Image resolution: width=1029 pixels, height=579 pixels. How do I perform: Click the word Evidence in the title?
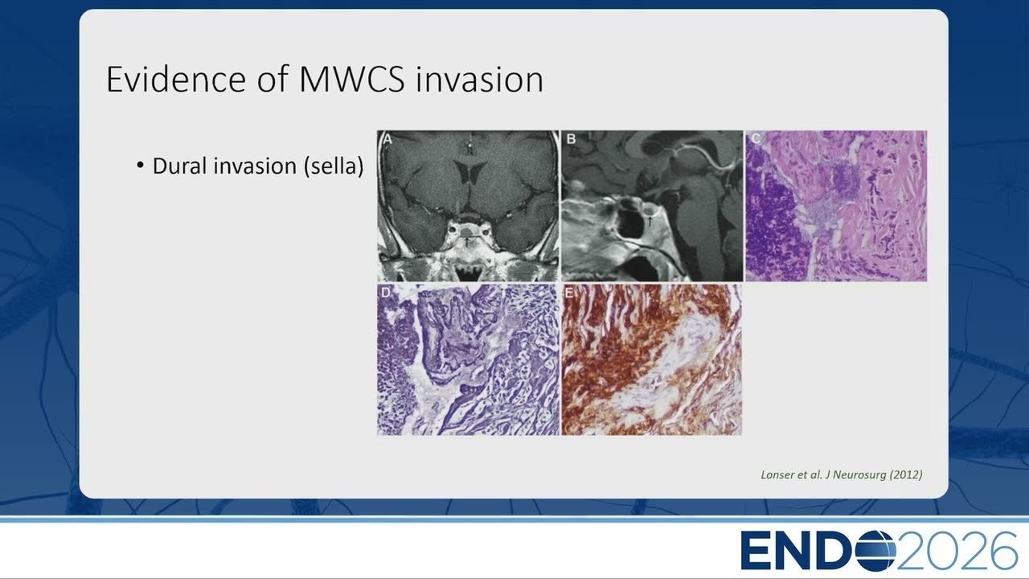tap(177, 79)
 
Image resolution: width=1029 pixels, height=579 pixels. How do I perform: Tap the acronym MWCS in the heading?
tap(352, 79)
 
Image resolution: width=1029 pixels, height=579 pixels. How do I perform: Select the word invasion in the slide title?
tap(479, 79)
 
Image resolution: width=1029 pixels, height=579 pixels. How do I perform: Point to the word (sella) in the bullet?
tap(334, 166)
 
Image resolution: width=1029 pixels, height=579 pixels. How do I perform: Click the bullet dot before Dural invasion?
tap(140, 165)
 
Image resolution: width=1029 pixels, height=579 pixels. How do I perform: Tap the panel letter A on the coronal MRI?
tap(387, 139)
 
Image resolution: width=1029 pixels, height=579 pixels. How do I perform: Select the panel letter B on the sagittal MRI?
tap(571, 139)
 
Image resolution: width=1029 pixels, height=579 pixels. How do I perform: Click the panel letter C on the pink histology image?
tap(756, 138)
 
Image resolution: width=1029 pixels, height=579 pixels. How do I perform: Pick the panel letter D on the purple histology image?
tap(386, 292)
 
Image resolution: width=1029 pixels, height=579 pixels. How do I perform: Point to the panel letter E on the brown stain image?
tap(569, 292)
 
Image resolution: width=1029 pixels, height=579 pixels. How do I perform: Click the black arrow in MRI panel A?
tap(466, 242)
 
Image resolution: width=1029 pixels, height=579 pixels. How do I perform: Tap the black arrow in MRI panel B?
tap(650, 221)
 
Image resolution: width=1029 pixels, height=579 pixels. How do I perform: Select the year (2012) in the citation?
tap(906, 474)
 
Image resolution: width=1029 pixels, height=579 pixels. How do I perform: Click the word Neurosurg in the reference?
tap(859, 475)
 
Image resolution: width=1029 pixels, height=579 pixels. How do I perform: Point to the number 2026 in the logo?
tap(957, 550)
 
